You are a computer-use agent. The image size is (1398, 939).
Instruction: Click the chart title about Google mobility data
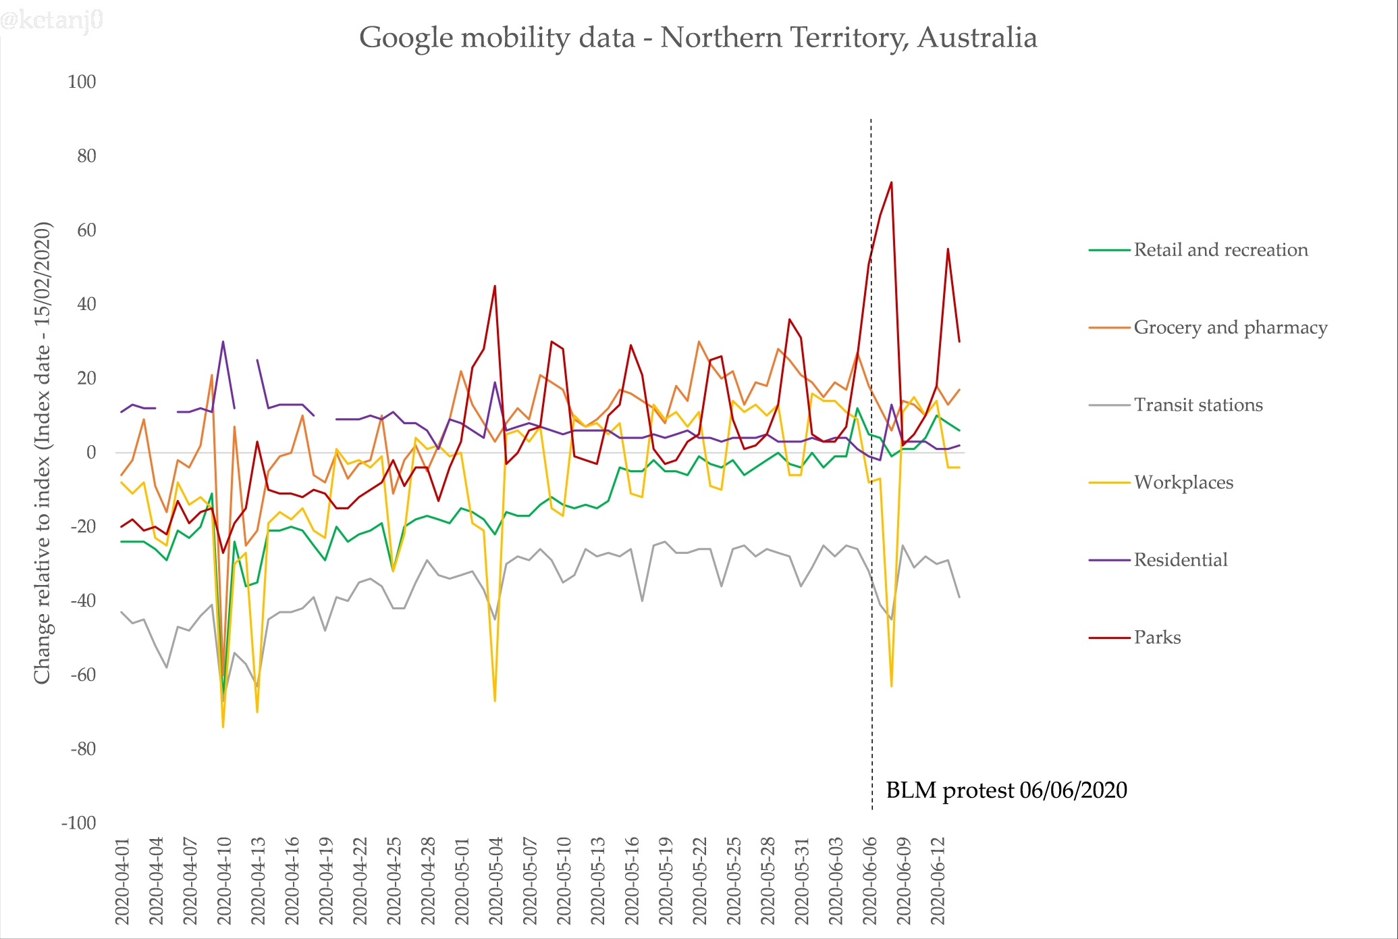[697, 38]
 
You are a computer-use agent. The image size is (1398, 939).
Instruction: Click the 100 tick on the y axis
[82, 82]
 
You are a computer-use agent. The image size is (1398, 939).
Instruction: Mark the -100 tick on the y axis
[79, 823]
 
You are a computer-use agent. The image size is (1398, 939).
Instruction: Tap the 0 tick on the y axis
[90, 453]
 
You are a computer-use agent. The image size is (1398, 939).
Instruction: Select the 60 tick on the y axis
[86, 230]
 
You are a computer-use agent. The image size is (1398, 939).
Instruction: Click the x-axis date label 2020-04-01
[122, 881]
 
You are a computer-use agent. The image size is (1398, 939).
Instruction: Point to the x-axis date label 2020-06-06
[870, 881]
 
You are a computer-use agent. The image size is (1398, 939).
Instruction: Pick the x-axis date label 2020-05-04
[496, 881]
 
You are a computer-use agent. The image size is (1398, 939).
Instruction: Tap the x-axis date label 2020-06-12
[938, 881]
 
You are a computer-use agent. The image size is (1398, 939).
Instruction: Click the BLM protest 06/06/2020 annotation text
[1006, 790]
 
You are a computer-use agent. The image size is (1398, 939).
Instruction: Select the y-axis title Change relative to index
[43, 453]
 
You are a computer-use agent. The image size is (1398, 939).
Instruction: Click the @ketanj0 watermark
[52, 20]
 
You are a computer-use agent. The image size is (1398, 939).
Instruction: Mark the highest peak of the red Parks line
[891, 182]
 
